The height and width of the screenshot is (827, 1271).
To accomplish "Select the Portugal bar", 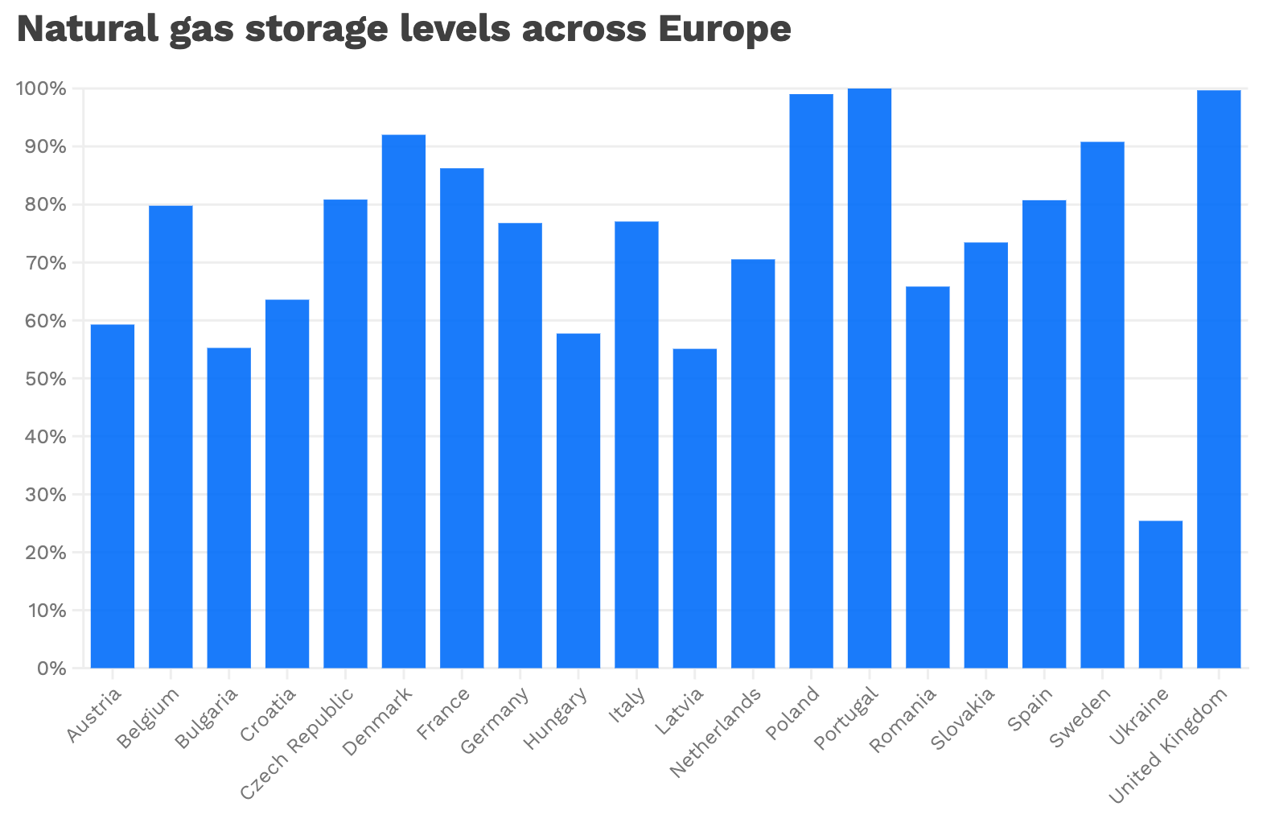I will pos(870,378).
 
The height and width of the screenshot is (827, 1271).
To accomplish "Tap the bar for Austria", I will pos(113,496).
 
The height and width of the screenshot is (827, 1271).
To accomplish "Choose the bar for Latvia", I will pos(695,508).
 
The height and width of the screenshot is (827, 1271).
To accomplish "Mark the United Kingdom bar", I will pos(1219,379).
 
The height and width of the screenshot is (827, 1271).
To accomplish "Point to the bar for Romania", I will pos(928,477).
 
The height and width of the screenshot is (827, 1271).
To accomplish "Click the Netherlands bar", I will pos(753,463).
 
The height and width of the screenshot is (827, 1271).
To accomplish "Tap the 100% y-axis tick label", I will pos(41,88).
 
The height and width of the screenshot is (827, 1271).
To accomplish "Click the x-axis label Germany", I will pos(496,719).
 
